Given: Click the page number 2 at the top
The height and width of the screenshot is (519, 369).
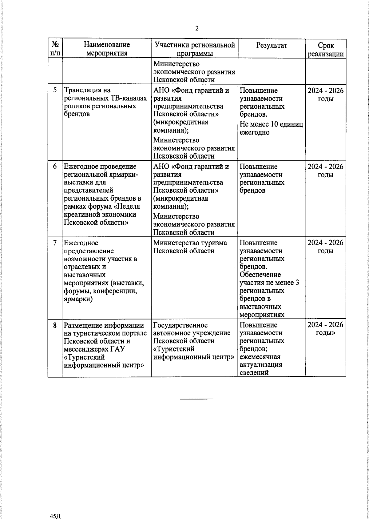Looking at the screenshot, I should click(x=197, y=29).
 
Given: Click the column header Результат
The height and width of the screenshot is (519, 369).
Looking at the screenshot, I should click(x=272, y=45).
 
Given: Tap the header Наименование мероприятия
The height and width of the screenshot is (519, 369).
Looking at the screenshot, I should click(x=107, y=49).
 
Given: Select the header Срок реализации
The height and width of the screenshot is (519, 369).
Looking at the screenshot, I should click(x=326, y=50).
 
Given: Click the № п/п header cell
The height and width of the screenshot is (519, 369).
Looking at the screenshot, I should click(x=55, y=49).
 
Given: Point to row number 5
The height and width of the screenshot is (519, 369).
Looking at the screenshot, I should click(x=55, y=90).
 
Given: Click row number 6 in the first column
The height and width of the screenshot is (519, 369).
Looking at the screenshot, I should click(x=55, y=167).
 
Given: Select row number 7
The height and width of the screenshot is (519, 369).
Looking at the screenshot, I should click(x=55, y=243).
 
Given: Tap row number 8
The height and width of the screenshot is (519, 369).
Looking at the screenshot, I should click(x=55, y=325).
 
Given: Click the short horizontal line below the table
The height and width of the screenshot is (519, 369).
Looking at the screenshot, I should click(x=196, y=399).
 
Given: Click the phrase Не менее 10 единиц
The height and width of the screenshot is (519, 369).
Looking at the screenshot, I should click(x=271, y=124).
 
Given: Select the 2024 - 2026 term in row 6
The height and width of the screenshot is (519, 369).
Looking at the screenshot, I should click(x=326, y=167).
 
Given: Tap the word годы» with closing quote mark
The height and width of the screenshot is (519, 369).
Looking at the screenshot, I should click(x=326, y=333).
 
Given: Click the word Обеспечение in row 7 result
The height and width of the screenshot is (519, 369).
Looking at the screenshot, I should click(x=260, y=275).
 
